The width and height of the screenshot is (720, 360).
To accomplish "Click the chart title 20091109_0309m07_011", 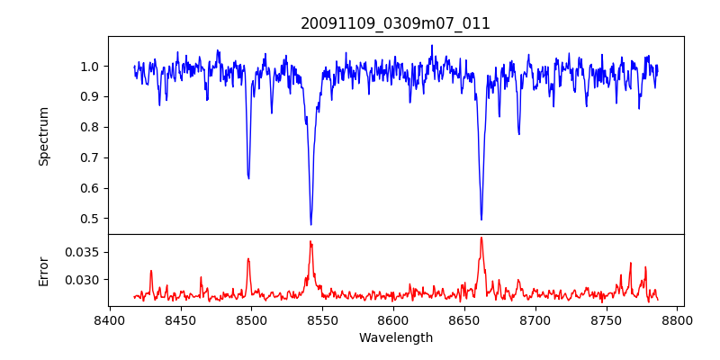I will [395, 23].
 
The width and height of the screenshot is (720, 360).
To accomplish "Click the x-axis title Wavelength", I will [395, 337].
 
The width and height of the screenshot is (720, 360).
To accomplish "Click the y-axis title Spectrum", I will [43, 136].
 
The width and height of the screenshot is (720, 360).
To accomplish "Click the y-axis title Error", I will [43, 270].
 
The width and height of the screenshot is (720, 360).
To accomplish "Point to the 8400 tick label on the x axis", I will [109, 319].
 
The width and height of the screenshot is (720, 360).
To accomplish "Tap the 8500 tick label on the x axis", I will [251, 319].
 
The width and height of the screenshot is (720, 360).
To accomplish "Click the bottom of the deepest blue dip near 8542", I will [310, 224].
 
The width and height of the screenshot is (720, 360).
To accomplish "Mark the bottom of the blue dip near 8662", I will [481, 220].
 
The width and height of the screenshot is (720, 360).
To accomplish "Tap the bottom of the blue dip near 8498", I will [248, 178].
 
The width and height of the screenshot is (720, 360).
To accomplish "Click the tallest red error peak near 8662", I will [481, 238].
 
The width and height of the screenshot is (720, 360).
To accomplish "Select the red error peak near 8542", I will [310, 241].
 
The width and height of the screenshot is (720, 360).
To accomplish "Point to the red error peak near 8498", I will [248, 259].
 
